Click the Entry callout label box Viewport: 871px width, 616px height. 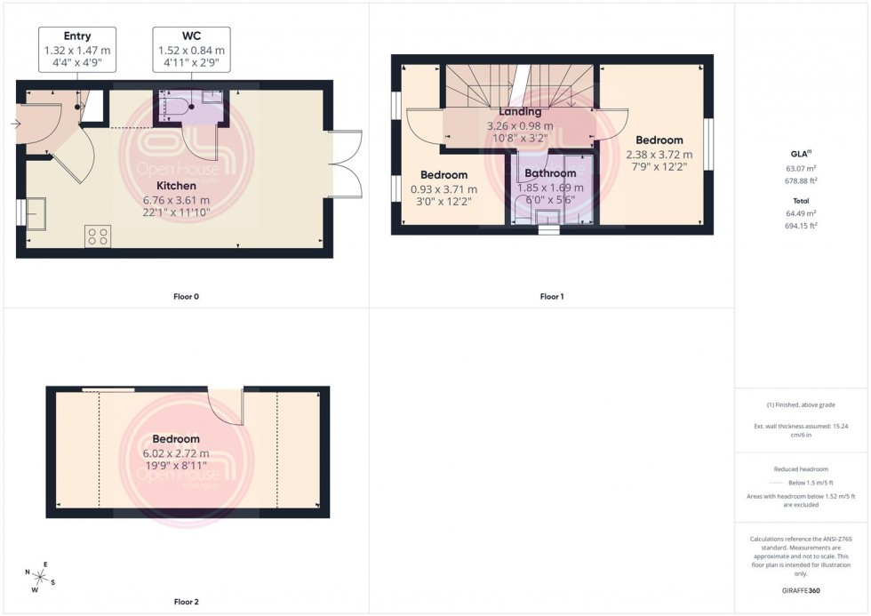coord(77,49)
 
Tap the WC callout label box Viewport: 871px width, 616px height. coord(191,49)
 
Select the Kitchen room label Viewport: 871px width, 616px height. coord(176,186)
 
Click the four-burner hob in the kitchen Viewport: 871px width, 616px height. coord(98,236)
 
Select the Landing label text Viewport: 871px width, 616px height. coord(520,113)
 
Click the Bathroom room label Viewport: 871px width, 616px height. coord(550,173)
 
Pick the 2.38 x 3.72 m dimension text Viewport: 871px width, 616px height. coord(659,155)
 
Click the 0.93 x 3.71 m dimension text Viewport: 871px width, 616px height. coord(443,189)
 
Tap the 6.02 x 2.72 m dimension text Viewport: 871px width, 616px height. coord(176,453)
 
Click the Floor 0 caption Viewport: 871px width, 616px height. coord(186,296)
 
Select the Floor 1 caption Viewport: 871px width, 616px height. coord(551,296)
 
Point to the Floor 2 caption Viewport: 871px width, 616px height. coord(186,602)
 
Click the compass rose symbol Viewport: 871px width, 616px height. coord(41,577)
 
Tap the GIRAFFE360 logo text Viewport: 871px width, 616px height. coord(803,590)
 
